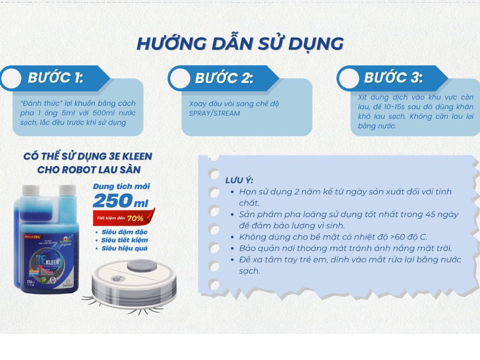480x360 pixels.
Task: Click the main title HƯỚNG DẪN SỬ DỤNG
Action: click(240, 43)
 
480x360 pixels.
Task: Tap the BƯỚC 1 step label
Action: click(56, 78)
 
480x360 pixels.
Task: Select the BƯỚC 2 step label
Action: click(224, 78)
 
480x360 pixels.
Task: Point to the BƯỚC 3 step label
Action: click(393, 78)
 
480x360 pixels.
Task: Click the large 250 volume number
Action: click(113, 200)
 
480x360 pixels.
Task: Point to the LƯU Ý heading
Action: click(239, 180)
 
